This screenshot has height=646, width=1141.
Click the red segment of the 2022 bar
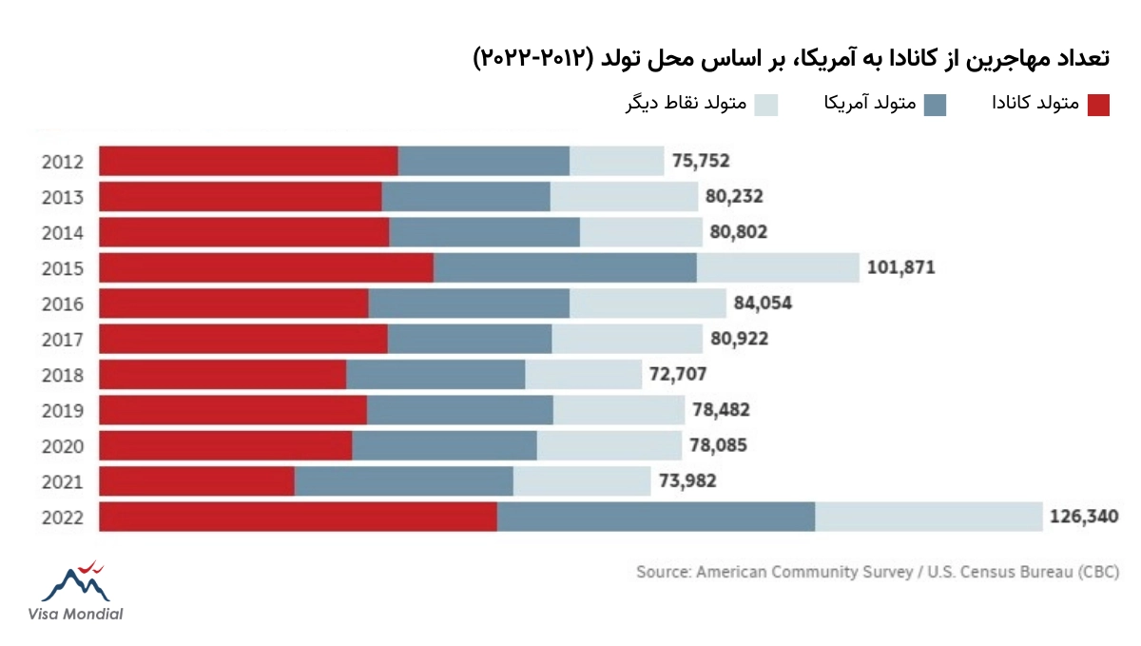[x=298, y=517]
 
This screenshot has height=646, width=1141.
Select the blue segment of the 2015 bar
[x=565, y=267]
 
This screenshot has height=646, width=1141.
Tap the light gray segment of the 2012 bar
[x=616, y=161]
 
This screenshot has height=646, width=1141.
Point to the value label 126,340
[x=1084, y=517]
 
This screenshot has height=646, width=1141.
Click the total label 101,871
[x=900, y=267]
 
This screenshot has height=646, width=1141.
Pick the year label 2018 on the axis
[x=63, y=375]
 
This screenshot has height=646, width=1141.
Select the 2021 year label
[x=63, y=481]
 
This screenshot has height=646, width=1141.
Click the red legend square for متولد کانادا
[x=1098, y=105]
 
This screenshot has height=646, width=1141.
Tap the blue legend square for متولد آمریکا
[x=935, y=105]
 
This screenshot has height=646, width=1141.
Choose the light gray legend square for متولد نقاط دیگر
[x=766, y=105]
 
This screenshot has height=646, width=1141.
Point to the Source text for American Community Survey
[x=877, y=572]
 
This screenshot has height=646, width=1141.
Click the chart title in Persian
[x=790, y=58]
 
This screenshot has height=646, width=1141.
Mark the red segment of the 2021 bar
[x=197, y=481]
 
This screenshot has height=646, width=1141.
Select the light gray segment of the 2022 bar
[x=928, y=517]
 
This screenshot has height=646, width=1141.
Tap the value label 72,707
[x=678, y=375]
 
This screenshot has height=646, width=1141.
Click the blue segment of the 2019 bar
[x=460, y=410]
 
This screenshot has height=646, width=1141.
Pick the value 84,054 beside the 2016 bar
[x=763, y=303]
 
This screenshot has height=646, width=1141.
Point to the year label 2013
[x=63, y=197]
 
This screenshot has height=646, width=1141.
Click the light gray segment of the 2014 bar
[x=641, y=232]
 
